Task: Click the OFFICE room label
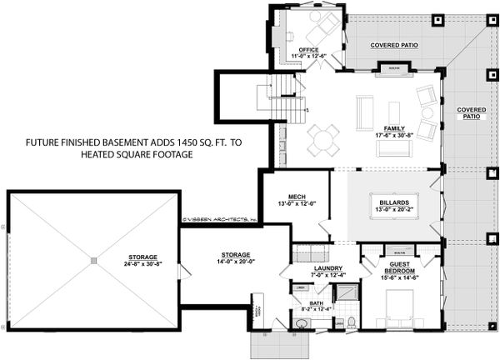coord(309,49)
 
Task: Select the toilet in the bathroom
coord(351,321)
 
